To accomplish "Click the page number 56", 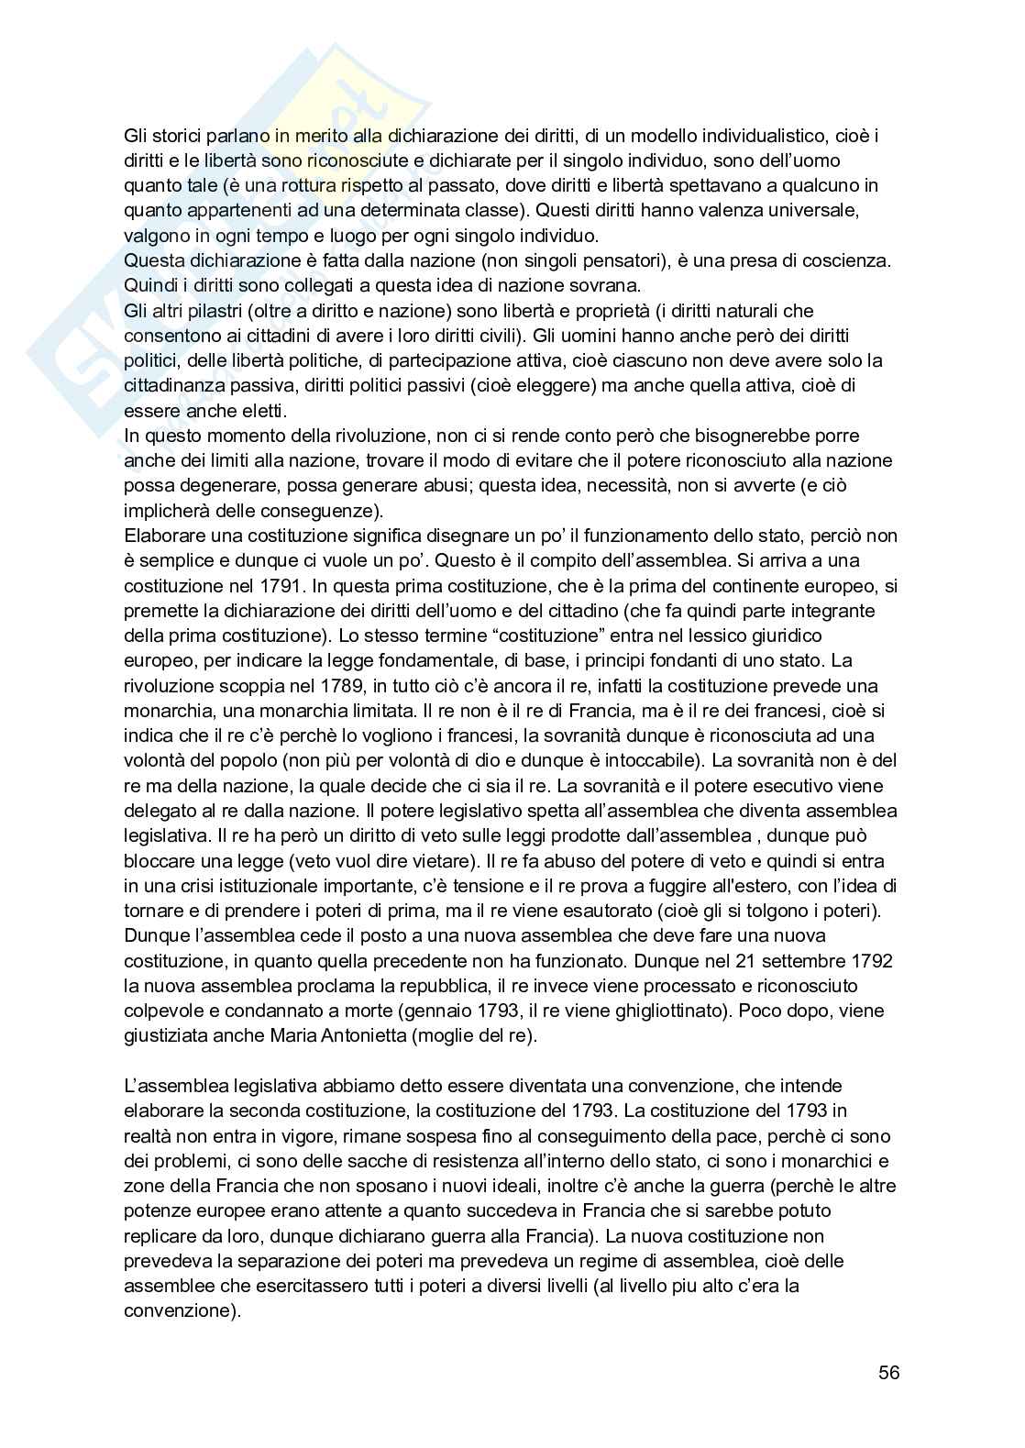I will (888, 1373).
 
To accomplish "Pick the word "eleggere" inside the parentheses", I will (519, 386).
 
